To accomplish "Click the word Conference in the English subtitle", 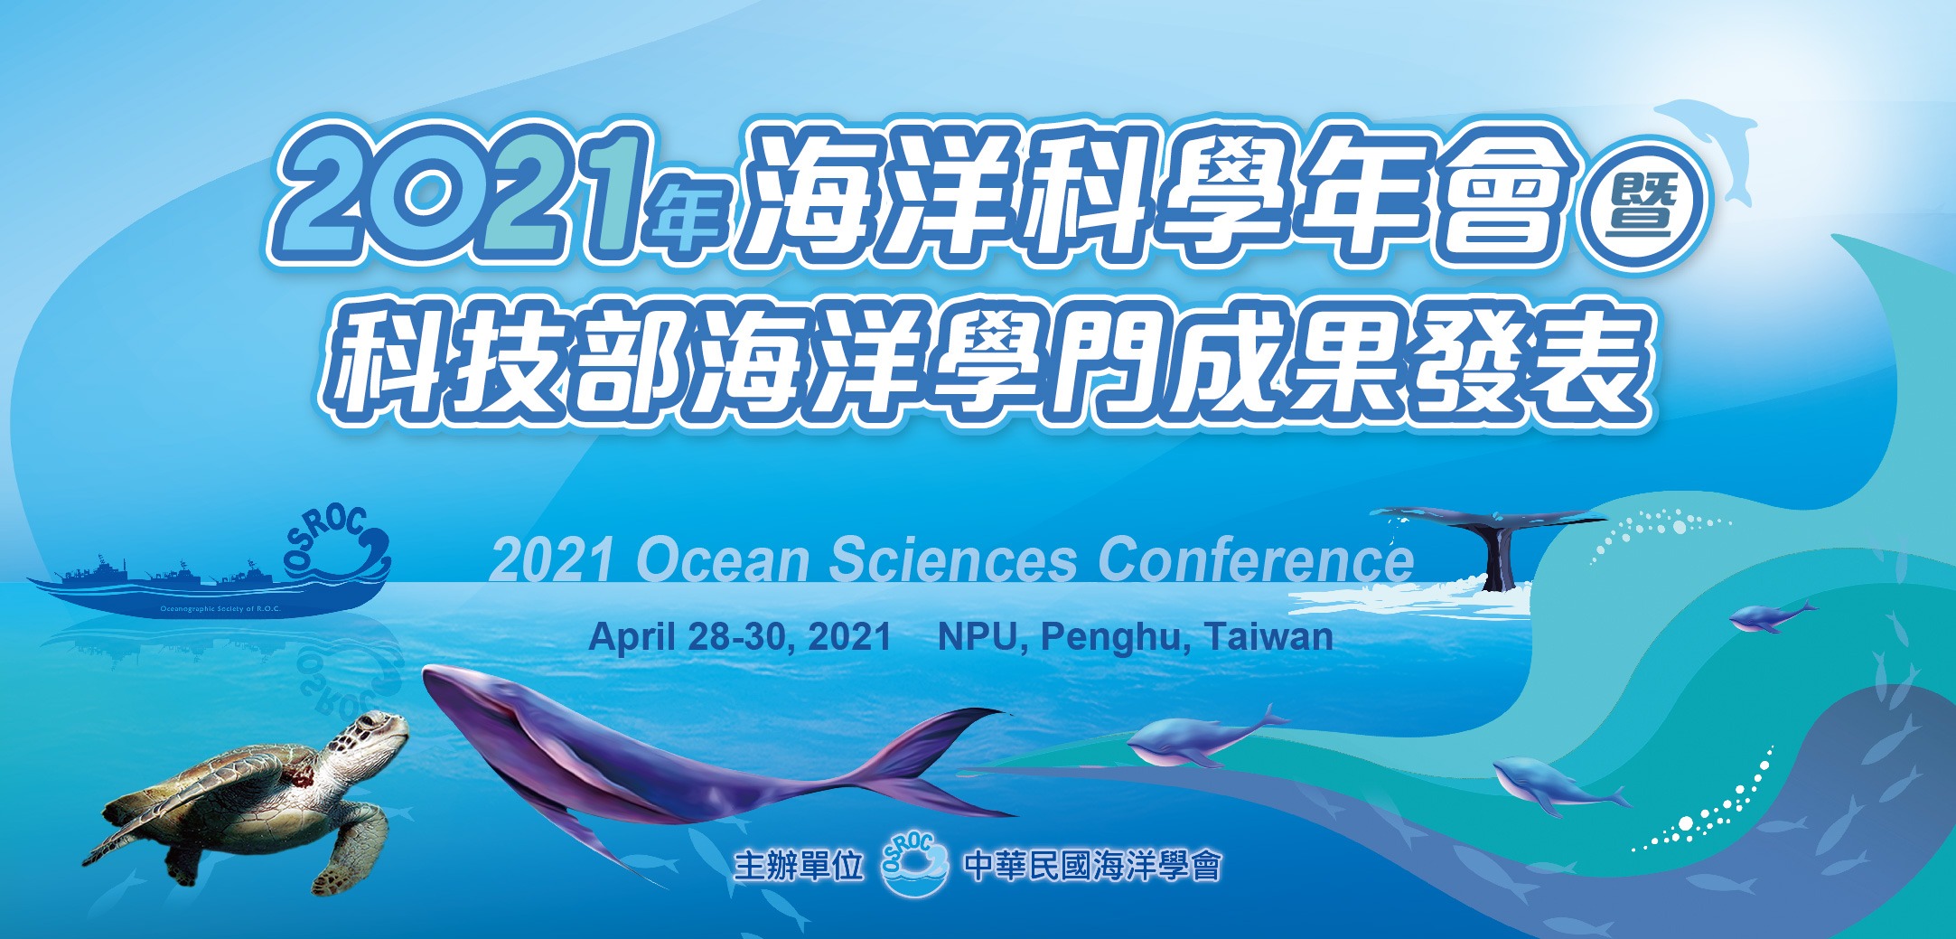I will coord(1256,560).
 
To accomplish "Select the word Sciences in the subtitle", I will coord(953,560).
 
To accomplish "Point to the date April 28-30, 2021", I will coord(740,637).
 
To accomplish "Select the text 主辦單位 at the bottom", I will coord(799,866).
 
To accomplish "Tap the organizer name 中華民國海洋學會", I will coord(1092,866).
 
